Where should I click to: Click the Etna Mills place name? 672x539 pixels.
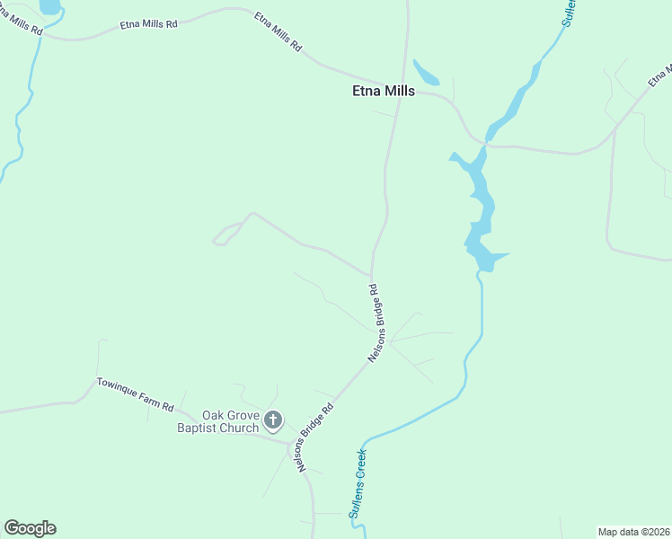point(383,91)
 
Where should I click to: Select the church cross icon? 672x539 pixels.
point(273,420)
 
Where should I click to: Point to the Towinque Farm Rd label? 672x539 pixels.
point(135,393)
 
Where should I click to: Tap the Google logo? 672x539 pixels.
point(30,528)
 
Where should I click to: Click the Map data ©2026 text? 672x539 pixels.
point(632,532)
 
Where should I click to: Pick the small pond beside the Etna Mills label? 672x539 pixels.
point(424,74)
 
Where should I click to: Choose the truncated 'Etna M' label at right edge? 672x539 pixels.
point(660,75)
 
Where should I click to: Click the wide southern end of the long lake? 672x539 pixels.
point(485,257)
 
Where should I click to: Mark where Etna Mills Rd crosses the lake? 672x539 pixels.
point(485,144)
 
